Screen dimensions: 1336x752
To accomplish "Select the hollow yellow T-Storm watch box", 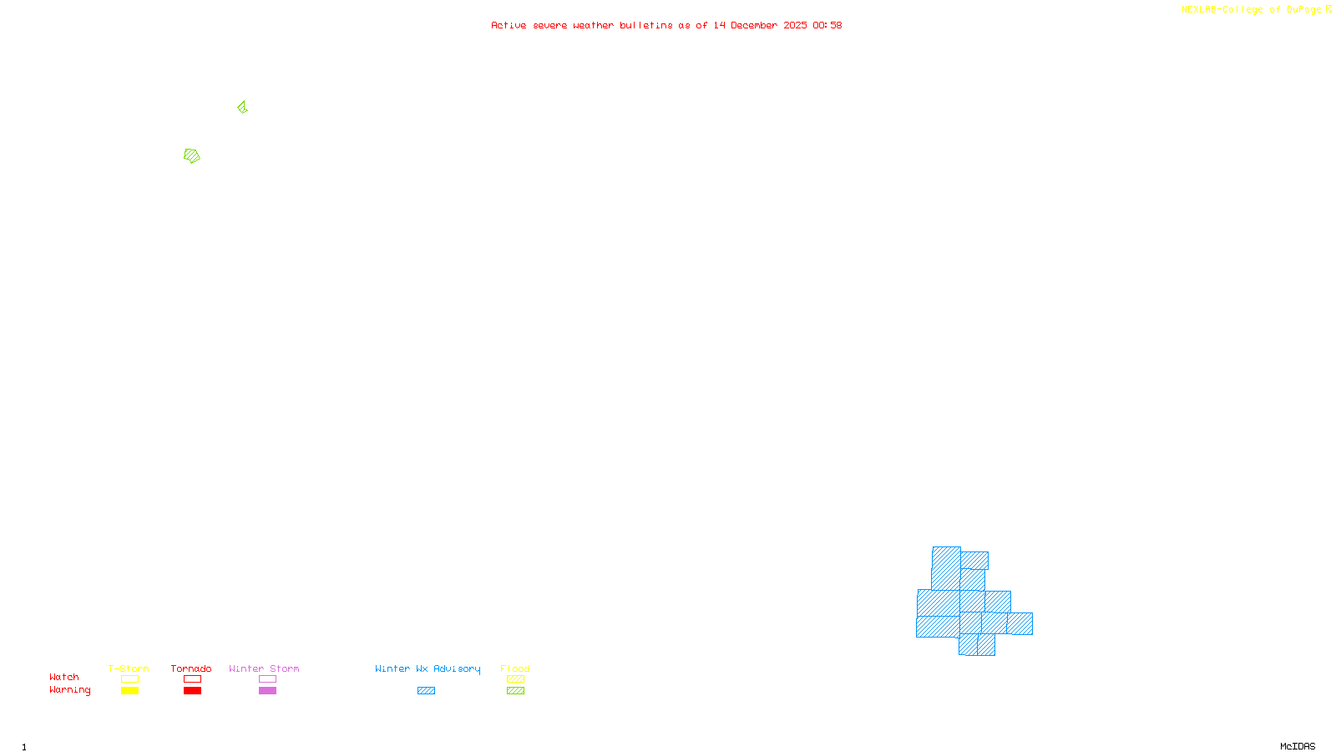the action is tap(129, 679).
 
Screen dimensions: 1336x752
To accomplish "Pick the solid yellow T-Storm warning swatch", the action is tap(129, 691).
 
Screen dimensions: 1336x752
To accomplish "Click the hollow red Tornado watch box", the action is tap(192, 679).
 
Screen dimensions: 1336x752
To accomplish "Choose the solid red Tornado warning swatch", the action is tap(192, 691).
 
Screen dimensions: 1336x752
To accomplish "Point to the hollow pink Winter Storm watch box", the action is tap(267, 679).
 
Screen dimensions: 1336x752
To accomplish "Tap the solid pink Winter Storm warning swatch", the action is tap(267, 691).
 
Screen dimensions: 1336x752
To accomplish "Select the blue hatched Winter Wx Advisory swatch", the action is tap(426, 691).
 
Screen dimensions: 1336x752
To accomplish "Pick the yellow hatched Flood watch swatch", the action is tap(515, 679).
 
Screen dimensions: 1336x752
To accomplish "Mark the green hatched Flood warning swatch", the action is tap(515, 691).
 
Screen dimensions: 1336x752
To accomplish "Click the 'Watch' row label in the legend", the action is tap(64, 678).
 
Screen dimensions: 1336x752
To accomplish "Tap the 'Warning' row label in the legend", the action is tap(69, 690).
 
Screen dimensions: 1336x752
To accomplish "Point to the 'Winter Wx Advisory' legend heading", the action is tap(428, 668).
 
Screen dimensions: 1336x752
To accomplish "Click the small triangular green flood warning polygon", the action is tap(242, 107).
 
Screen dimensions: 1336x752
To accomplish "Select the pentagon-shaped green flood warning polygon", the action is tap(192, 155).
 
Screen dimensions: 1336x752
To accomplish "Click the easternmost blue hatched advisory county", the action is tap(1020, 623).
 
